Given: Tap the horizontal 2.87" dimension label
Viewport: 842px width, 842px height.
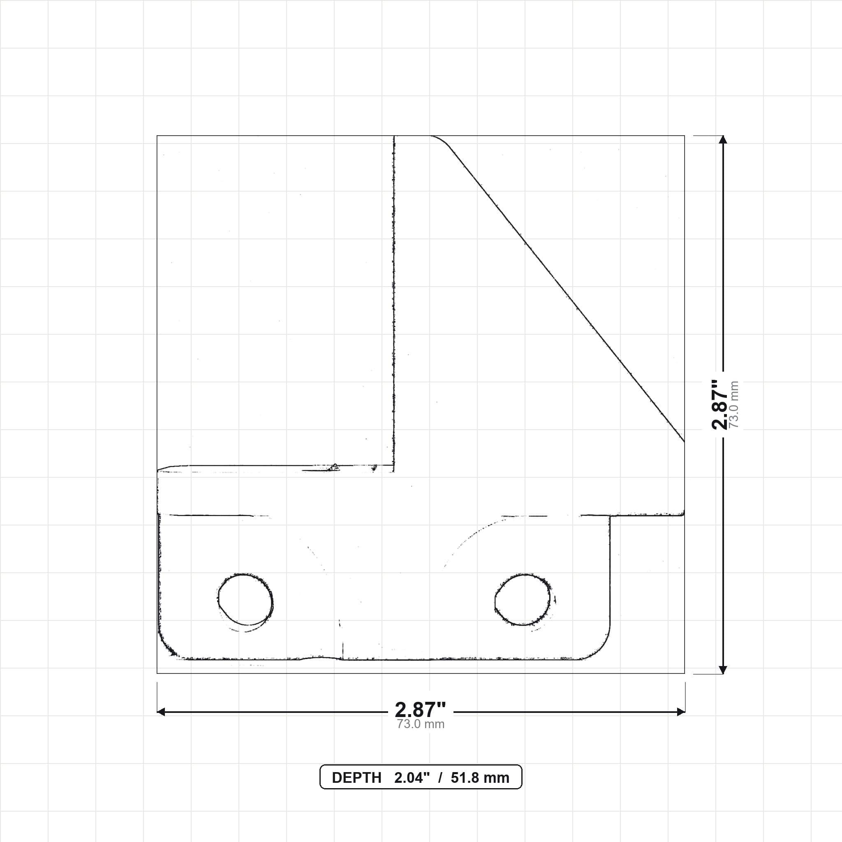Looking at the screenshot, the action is [x=421, y=710].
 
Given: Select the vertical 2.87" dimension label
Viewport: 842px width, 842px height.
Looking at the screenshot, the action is [x=719, y=405].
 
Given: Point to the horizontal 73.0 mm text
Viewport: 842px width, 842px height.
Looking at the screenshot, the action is [x=421, y=724].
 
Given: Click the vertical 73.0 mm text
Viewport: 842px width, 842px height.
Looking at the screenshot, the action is [x=734, y=405].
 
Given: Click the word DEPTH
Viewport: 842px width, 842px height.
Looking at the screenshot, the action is [x=356, y=778].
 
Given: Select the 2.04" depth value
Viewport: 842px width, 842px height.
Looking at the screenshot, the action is [x=412, y=778].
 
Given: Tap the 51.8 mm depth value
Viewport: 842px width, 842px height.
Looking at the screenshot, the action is [x=480, y=778].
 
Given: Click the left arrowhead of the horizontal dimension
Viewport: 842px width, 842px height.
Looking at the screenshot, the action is [x=160, y=712].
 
